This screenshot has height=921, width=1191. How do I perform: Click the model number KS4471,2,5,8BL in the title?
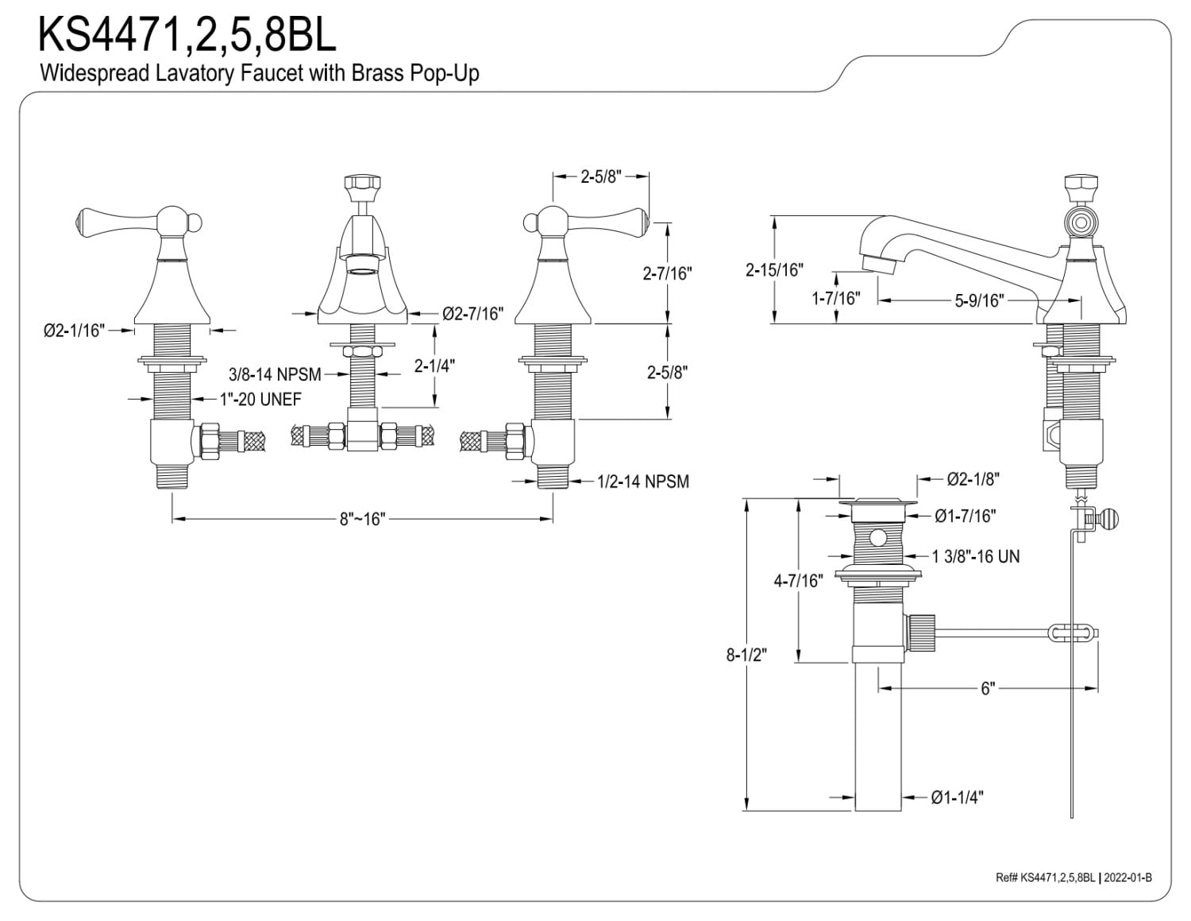click(187, 35)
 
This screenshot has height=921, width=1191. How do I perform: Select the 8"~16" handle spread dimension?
click(362, 518)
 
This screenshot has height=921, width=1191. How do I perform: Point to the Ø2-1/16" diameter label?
click(74, 331)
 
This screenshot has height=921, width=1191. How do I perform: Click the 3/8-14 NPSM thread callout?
click(275, 374)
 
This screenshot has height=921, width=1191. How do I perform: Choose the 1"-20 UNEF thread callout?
click(260, 399)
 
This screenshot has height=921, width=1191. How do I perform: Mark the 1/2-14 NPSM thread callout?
click(643, 481)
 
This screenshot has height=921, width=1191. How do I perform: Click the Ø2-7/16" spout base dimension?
click(473, 313)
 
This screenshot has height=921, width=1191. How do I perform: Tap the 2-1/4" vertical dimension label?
click(434, 366)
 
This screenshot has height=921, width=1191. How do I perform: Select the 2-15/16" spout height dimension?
click(774, 270)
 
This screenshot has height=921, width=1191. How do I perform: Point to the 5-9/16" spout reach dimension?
click(980, 300)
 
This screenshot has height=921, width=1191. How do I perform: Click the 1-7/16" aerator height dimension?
click(836, 298)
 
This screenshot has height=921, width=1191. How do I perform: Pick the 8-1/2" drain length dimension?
click(746, 655)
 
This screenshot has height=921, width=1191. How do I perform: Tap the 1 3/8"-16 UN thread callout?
click(976, 556)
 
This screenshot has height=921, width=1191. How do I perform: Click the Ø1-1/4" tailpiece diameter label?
click(957, 797)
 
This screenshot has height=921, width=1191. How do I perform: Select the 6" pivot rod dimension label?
click(988, 688)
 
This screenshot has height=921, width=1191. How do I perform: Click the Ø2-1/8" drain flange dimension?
click(973, 479)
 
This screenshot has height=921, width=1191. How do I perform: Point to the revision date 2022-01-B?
click(1127, 877)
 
